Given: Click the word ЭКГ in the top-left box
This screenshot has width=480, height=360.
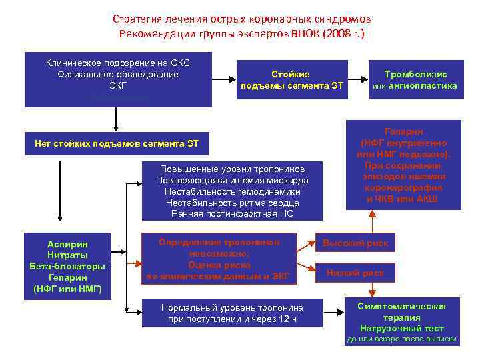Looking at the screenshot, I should (118, 86).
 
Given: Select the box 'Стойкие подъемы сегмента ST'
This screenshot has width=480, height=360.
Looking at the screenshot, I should (291, 79).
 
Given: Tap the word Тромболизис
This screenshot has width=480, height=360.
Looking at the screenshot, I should (415, 74).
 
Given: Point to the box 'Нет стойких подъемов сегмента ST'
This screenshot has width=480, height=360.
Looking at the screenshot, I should (117, 143).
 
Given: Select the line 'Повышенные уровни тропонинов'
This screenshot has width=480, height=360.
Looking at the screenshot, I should (232, 169).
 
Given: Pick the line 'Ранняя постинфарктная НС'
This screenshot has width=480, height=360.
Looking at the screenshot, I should (232, 214).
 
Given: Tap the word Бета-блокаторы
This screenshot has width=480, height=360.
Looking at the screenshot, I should (68, 266).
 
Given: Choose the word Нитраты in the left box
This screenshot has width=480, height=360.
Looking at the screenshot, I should (68, 255).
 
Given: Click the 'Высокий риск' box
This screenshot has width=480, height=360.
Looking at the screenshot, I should (355, 243).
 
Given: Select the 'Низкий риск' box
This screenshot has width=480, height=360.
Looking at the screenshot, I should (355, 273).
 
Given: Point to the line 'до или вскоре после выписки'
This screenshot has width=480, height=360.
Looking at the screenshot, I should (401, 339).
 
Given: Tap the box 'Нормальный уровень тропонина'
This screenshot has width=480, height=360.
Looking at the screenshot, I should (232, 313).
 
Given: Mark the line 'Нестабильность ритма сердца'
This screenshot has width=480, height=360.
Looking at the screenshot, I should (232, 203).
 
